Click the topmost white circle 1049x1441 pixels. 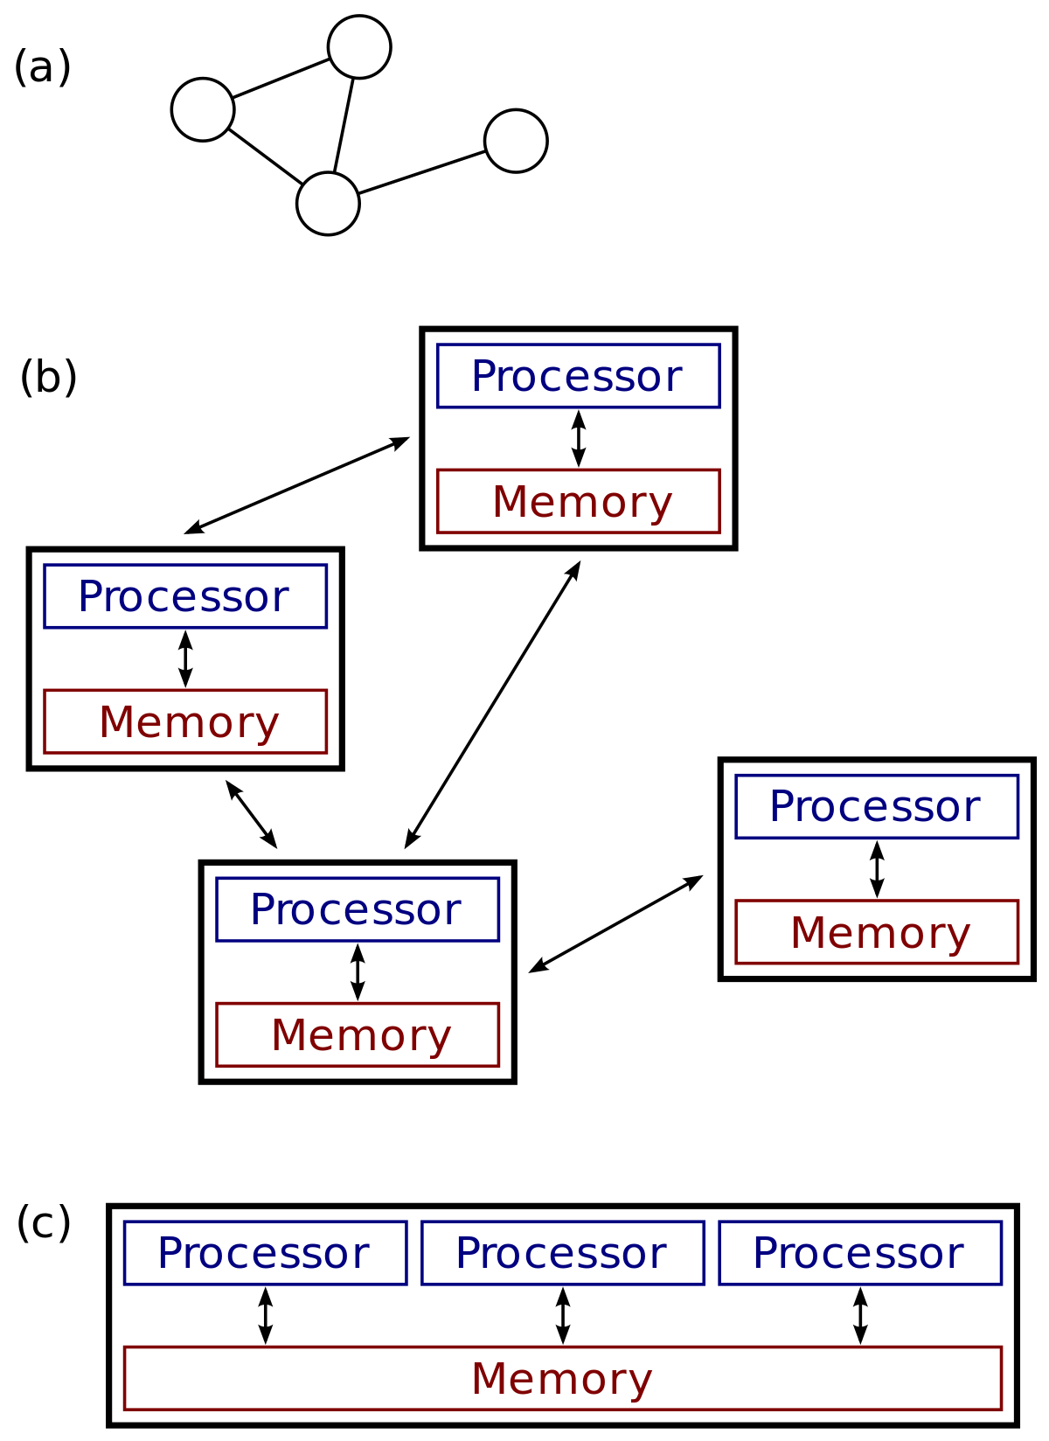click(359, 47)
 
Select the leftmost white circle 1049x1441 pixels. click(203, 110)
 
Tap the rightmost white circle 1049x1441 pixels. click(516, 141)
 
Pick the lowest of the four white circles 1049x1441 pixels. click(328, 204)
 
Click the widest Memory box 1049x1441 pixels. click(563, 1378)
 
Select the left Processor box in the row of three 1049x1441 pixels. click(266, 1253)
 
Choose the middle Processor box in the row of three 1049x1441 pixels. click(563, 1253)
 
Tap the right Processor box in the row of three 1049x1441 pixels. click(860, 1253)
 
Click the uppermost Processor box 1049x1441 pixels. click(578, 376)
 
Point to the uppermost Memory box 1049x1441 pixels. click(578, 501)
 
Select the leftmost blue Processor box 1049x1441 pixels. click(185, 596)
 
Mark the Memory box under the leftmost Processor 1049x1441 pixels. click(185, 721)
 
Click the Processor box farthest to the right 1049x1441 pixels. click(877, 806)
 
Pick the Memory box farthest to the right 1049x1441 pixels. click(877, 932)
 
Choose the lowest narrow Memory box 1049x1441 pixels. click(358, 1034)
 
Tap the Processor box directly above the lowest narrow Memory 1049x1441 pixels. click(358, 909)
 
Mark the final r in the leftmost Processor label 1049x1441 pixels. click(281, 600)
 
